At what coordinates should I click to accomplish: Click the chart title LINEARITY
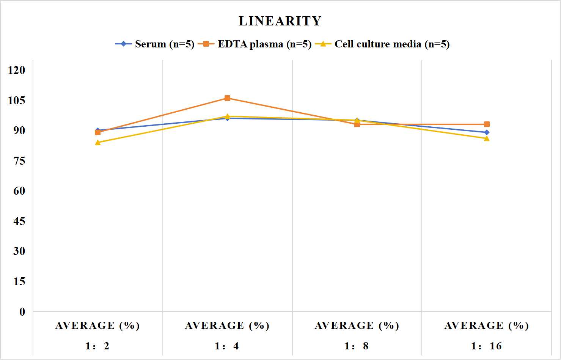click(x=280, y=21)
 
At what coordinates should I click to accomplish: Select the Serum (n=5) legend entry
click(x=155, y=44)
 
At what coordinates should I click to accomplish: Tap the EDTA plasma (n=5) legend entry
click(x=255, y=44)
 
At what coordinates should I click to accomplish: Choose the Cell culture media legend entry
click(x=382, y=44)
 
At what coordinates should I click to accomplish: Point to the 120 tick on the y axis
click(x=17, y=70)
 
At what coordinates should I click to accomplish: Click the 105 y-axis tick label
click(x=17, y=101)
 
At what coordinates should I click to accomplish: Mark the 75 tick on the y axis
click(x=19, y=161)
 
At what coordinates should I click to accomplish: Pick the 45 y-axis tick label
click(x=19, y=221)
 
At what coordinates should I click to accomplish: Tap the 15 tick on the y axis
click(x=19, y=281)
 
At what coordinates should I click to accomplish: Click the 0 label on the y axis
click(x=22, y=312)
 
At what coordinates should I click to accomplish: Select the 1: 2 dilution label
click(x=97, y=346)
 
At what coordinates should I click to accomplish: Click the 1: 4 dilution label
click(x=227, y=346)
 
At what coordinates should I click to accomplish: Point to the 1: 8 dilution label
click(x=357, y=346)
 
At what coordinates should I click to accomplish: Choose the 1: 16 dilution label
click(x=486, y=346)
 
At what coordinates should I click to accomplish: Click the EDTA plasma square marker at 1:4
click(x=228, y=98)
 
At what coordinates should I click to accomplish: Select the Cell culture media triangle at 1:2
click(x=98, y=143)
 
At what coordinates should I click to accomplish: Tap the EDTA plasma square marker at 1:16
click(x=487, y=124)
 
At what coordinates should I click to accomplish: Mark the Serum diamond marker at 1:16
click(x=487, y=132)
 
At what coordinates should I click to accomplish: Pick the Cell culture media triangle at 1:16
click(x=487, y=138)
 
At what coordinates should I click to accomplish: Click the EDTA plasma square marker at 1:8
click(x=357, y=124)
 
